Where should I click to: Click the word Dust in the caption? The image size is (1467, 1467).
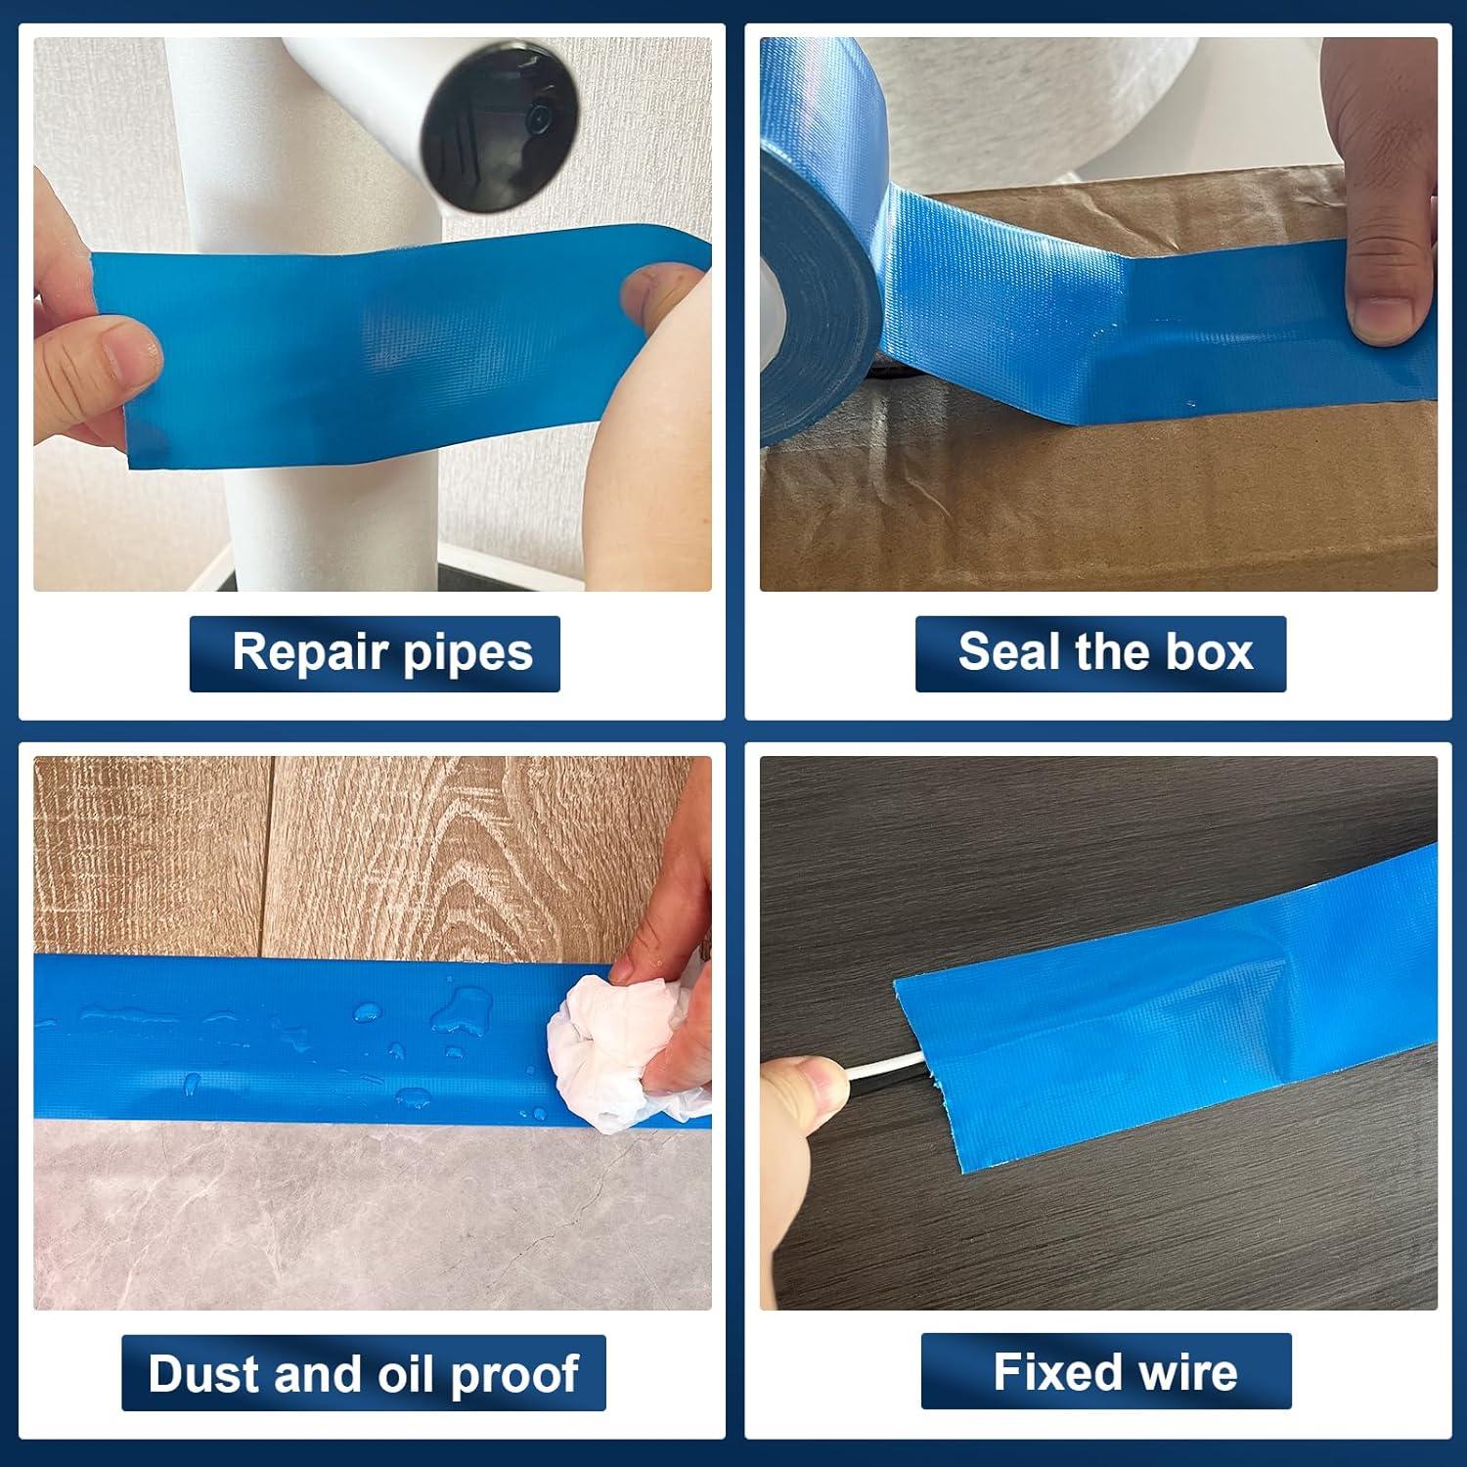click(204, 1373)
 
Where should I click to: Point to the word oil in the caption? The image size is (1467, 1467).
click(406, 1373)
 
